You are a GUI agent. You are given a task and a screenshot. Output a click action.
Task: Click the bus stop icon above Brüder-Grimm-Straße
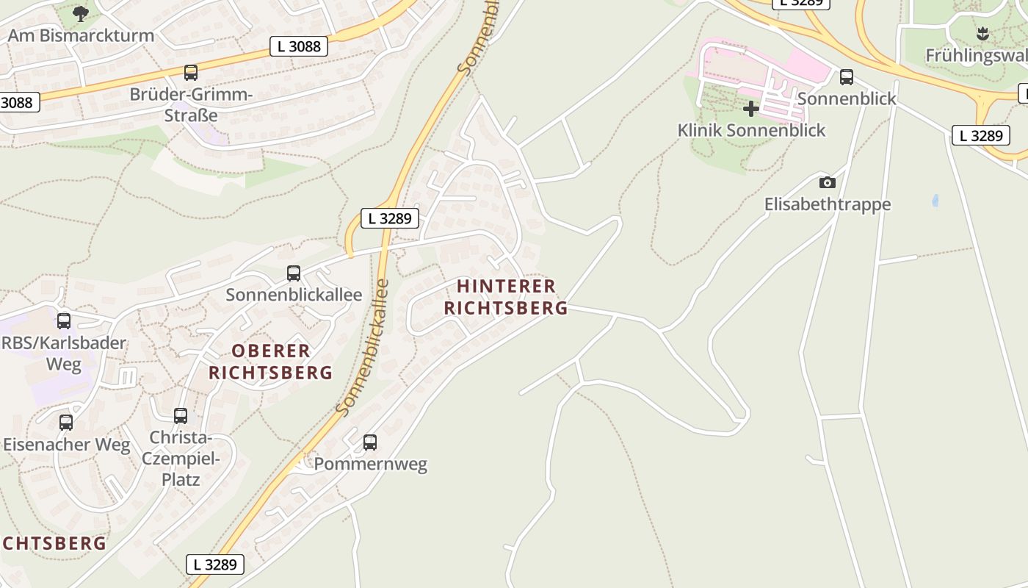[x=191, y=73]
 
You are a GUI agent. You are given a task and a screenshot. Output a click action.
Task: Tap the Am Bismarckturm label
[x=81, y=35]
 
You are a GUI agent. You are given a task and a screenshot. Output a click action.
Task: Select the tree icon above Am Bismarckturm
[x=81, y=13]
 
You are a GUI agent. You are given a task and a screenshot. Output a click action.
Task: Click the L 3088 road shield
[x=299, y=46]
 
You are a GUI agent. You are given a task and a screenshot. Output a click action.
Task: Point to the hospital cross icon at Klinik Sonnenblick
[x=750, y=110]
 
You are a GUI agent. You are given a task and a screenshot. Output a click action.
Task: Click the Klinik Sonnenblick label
[x=751, y=131]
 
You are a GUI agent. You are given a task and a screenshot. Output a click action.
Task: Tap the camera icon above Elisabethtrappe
[x=827, y=182]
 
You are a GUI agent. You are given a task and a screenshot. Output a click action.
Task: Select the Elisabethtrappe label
[x=828, y=204]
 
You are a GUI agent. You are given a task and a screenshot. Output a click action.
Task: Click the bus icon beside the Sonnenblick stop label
[x=847, y=77]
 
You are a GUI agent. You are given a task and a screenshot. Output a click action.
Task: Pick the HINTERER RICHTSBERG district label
[x=506, y=297]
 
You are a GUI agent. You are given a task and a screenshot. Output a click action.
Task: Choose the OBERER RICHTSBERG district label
[x=271, y=362]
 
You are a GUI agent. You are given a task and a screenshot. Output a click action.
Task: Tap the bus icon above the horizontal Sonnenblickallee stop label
[x=294, y=273]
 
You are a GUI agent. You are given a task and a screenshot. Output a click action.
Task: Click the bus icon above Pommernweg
[x=370, y=442]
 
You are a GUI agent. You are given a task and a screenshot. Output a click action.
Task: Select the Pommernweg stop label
[x=370, y=465]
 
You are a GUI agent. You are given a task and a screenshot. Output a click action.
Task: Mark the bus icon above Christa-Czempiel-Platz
[x=181, y=416]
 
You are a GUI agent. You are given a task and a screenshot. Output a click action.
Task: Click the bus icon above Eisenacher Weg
[x=66, y=423]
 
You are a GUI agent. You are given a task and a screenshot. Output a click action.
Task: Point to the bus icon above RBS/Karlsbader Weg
[x=64, y=321]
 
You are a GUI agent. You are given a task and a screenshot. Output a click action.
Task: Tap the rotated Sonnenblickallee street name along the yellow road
[x=361, y=347]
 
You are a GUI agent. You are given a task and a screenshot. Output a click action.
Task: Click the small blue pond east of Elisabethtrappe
[x=935, y=200]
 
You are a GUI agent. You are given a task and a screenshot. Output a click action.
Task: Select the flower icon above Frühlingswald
[x=982, y=33]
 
